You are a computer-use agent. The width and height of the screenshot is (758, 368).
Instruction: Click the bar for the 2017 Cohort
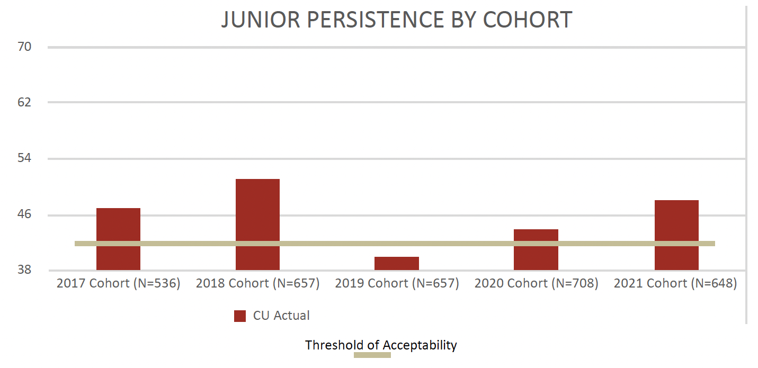click(x=118, y=239)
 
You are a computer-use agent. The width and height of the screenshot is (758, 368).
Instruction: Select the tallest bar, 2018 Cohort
click(x=257, y=225)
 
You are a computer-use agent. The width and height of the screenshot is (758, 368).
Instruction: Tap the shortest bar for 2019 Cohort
click(x=397, y=263)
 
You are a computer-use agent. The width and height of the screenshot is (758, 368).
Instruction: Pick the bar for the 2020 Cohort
click(x=536, y=249)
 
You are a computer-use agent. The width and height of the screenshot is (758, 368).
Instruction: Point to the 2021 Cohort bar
click(x=676, y=235)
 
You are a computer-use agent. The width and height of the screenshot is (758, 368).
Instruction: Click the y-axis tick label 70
click(x=24, y=47)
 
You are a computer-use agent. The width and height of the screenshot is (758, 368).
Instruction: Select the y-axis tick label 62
click(x=24, y=102)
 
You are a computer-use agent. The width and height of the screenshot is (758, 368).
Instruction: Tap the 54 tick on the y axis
click(x=24, y=158)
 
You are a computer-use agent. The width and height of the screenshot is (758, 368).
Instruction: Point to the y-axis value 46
click(x=24, y=214)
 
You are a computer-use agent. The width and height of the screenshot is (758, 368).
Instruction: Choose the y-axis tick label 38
click(x=24, y=270)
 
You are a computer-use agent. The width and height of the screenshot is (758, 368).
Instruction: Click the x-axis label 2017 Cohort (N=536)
click(x=119, y=283)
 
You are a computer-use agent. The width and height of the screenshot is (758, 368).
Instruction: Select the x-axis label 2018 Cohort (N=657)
click(x=258, y=283)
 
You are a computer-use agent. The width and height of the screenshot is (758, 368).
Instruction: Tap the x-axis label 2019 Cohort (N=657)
click(x=397, y=283)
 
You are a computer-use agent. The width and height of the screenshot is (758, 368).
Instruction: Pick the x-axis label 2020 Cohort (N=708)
click(x=537, y=283)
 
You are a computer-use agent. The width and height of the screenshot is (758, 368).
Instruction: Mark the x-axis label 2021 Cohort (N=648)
click(x=675, y=283)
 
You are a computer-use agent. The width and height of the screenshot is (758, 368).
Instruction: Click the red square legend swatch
click(x=240, y=316)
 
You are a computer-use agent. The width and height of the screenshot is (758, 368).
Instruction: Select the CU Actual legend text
click(x=281, y=316)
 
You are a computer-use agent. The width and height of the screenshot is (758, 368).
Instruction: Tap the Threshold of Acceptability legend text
click(x=381, y=345)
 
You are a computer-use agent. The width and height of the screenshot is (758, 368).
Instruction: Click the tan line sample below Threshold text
click(x=372, y=355)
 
